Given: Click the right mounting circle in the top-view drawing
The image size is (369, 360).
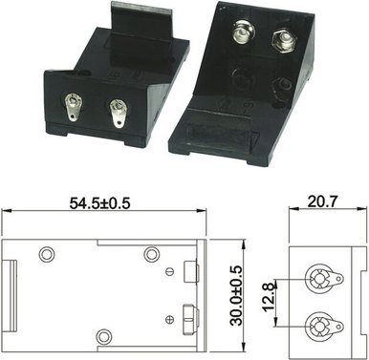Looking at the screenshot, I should pos(151,254).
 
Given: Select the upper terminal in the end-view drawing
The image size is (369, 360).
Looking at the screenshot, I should pos(317,279).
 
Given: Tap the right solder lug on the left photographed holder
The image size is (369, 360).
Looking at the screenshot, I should pos(118,114).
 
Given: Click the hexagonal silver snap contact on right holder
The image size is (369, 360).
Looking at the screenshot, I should pos(281,41).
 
